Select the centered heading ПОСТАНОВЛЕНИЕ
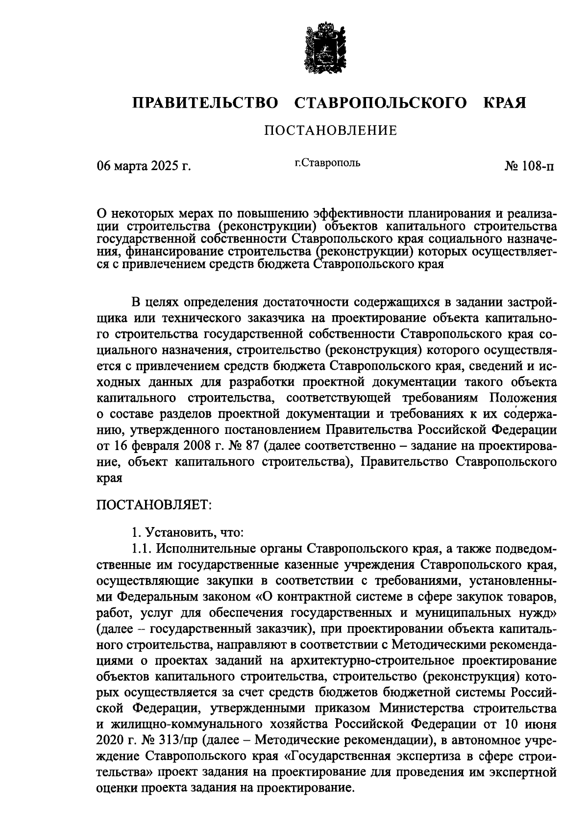[330, 131]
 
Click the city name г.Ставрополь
[327, 163]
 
